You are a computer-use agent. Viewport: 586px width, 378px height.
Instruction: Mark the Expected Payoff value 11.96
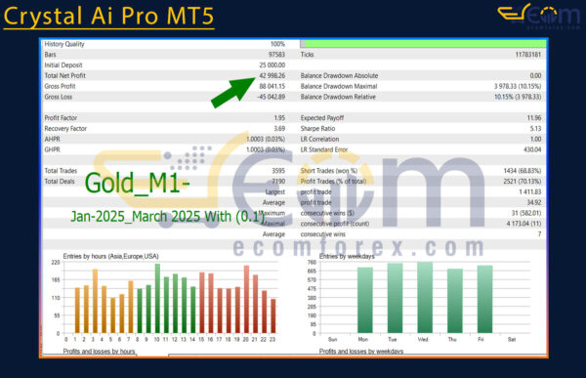pyautogui.click(x=532, y=118)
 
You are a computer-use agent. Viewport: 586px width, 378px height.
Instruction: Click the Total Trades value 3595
pyautogui.click(x=275, y=171)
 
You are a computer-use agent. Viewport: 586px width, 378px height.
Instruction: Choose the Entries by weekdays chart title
pyautogui.click(x=351, y=256)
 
